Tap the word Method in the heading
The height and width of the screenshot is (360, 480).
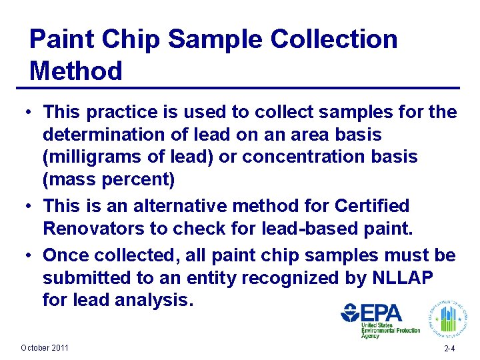pos(76,71)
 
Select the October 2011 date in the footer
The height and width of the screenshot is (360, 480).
pos(45,348)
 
